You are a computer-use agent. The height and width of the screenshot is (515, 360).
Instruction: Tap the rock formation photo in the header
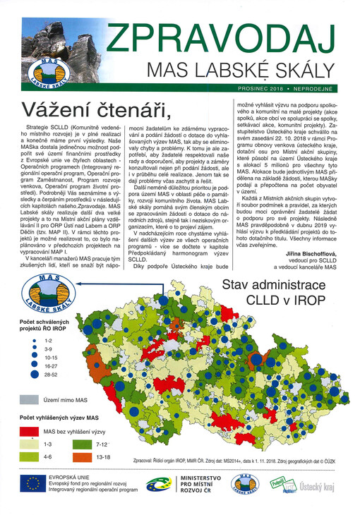pyautogui.click(x=42, y=46)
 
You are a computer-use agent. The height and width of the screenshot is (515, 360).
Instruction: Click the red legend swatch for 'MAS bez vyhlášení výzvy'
pyautogui.click(x=28, y=431)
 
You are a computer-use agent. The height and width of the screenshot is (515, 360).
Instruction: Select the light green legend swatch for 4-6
pyautogui.click(x=28, y=457)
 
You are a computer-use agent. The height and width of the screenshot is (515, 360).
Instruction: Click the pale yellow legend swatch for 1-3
pyautogui.click(x=28, y=444)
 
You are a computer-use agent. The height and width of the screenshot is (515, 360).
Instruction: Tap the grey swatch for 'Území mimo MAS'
pyautogui.click(x=28, y=399)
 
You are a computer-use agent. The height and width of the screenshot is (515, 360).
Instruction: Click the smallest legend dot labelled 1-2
pyautogui.click(x=35, y=339)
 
